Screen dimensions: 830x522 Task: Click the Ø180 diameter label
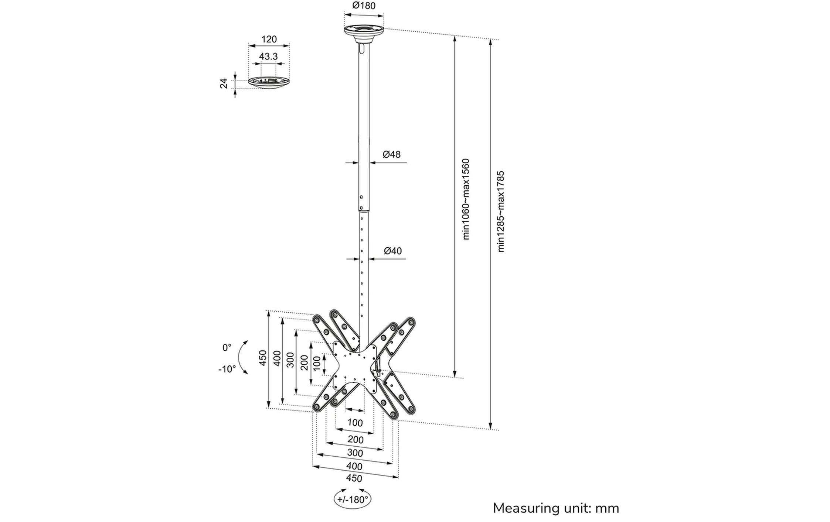364,6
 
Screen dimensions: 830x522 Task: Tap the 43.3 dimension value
268,56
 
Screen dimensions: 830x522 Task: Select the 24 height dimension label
224,84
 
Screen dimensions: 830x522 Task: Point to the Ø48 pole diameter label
391,154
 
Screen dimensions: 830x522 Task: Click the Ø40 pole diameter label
392,251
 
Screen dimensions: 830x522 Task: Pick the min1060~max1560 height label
466,199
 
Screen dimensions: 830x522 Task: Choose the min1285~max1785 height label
501,212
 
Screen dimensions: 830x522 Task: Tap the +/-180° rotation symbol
352,499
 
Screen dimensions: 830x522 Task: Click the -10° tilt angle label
227,369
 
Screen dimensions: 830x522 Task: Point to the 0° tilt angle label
227,348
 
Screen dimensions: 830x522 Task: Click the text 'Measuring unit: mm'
556,508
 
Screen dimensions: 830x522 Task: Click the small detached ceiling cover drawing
269,82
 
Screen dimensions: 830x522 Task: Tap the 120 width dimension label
269,39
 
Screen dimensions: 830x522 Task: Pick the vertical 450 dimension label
262,358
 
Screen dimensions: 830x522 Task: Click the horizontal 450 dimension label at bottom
354,478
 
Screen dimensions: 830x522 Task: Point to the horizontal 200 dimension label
356,440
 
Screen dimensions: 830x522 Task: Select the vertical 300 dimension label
290,360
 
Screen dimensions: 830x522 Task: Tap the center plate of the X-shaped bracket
355,366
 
